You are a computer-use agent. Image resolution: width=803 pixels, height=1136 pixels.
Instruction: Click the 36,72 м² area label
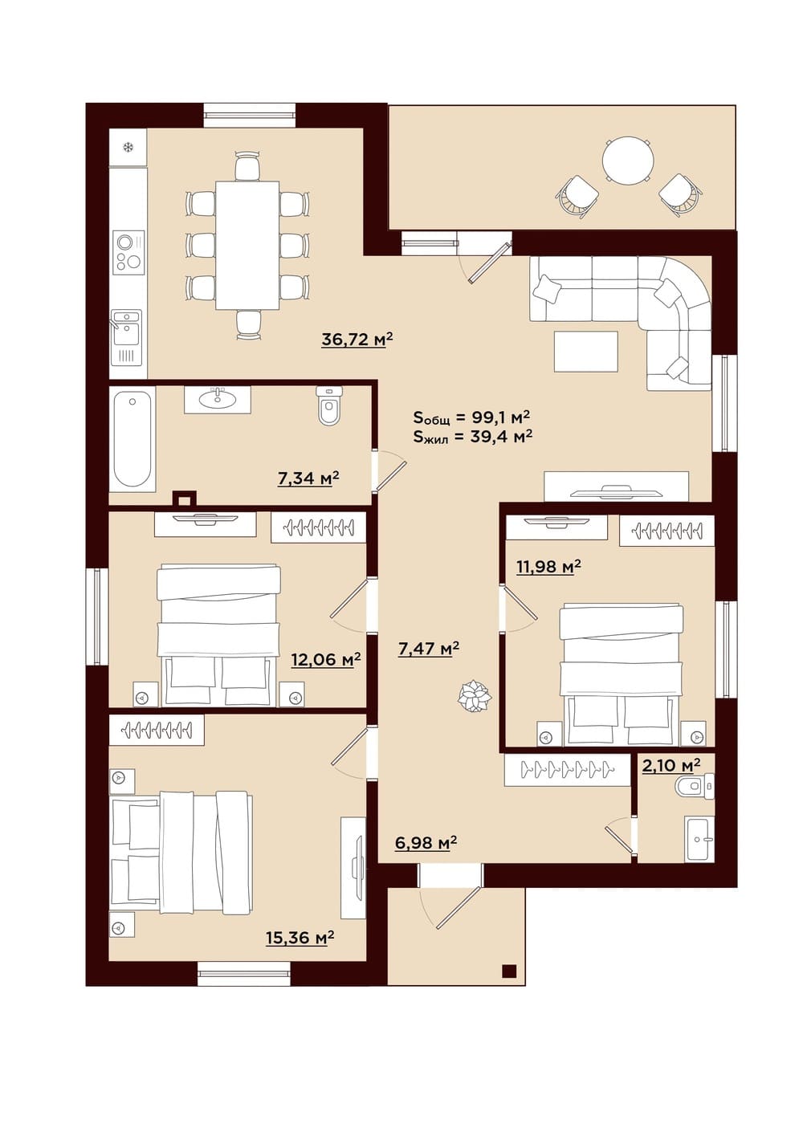(357, 339)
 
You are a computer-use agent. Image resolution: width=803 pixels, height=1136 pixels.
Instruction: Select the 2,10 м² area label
(671, 765)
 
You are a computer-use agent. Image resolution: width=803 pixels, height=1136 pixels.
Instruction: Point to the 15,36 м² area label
(300, 937)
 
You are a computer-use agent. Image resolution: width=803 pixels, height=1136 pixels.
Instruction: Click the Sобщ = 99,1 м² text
(471, 417)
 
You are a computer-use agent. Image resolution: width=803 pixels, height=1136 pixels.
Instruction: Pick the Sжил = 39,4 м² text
(472, 436)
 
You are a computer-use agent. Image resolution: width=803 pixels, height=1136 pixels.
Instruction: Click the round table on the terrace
(627, 162)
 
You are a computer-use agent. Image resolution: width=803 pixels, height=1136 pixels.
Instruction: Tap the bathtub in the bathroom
(132, 440)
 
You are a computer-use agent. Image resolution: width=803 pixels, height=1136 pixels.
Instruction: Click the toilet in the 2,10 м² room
(695, 787)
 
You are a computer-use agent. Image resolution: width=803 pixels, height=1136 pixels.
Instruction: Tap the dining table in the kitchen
(247, 245)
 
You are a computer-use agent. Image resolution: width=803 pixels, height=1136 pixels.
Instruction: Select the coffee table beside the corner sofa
(586, 351)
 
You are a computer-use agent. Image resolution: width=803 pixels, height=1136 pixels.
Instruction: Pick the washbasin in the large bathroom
(218, 400)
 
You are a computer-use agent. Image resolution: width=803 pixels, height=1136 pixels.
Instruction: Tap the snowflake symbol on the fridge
(128, 147)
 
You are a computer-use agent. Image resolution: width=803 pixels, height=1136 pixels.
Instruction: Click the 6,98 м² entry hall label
(426, 842)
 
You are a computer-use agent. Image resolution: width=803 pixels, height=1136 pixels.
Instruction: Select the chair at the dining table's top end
(248, 166)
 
